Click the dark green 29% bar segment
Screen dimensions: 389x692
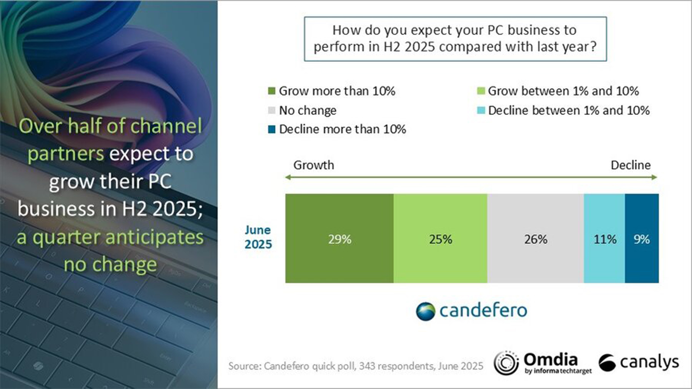340,239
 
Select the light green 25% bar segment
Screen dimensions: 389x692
440,239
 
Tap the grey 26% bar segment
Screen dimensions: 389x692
535,239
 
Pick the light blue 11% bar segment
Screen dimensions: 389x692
604,239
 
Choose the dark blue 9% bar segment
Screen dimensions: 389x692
642,239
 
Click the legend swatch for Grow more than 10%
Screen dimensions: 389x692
272,91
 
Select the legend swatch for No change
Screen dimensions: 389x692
272,111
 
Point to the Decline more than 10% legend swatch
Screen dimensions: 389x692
272,129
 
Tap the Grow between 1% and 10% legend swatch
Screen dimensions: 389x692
481,91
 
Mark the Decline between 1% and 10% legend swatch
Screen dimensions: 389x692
481,111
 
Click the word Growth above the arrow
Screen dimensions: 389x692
314,165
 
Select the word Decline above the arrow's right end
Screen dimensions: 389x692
631,165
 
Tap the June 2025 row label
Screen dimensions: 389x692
258,237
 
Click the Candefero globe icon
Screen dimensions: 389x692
426,311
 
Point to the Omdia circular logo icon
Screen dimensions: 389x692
506,363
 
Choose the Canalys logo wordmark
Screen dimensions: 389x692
649,362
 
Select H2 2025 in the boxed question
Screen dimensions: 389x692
409,47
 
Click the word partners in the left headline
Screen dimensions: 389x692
66,154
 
